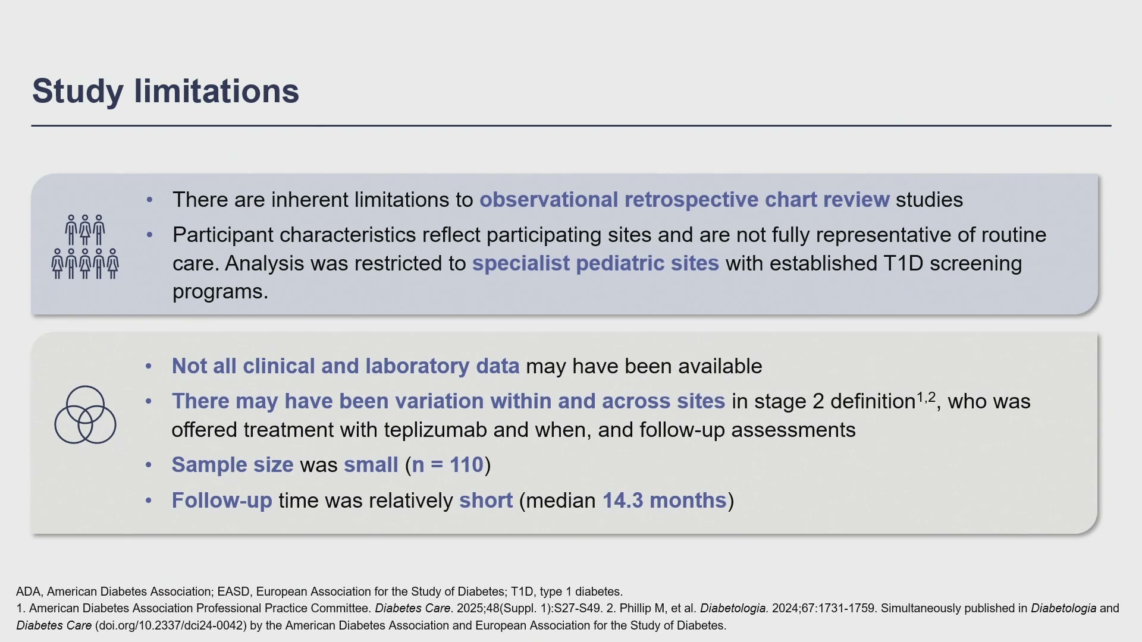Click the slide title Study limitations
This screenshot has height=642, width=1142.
(x=165, y=92)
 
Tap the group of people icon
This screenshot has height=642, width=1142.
(x=85, y=247)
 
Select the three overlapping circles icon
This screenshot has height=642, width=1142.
(x=85, y=415)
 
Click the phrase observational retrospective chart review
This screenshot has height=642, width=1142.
(x=685, y=200)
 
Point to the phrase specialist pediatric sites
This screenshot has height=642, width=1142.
(x=595, y=263)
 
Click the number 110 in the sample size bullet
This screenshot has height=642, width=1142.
(x=466, y=465)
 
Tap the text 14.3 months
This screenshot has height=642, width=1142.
(x=664, y=501)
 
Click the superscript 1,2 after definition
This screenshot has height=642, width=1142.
(x=926, y=396)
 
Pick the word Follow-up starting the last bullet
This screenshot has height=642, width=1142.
(x=222, y=501)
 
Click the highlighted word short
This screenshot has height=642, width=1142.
(x=486, y=501)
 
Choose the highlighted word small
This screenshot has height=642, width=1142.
(x=371, y=465)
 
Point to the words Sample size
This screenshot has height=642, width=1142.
(x=233, y=465)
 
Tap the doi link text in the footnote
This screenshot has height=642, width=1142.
(x=171, y=626)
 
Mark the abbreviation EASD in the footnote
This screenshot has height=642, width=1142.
(x=234, y=592)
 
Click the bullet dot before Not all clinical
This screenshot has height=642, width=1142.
(x=149, y=367)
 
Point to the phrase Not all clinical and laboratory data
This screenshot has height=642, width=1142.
(x=346, y=366)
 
